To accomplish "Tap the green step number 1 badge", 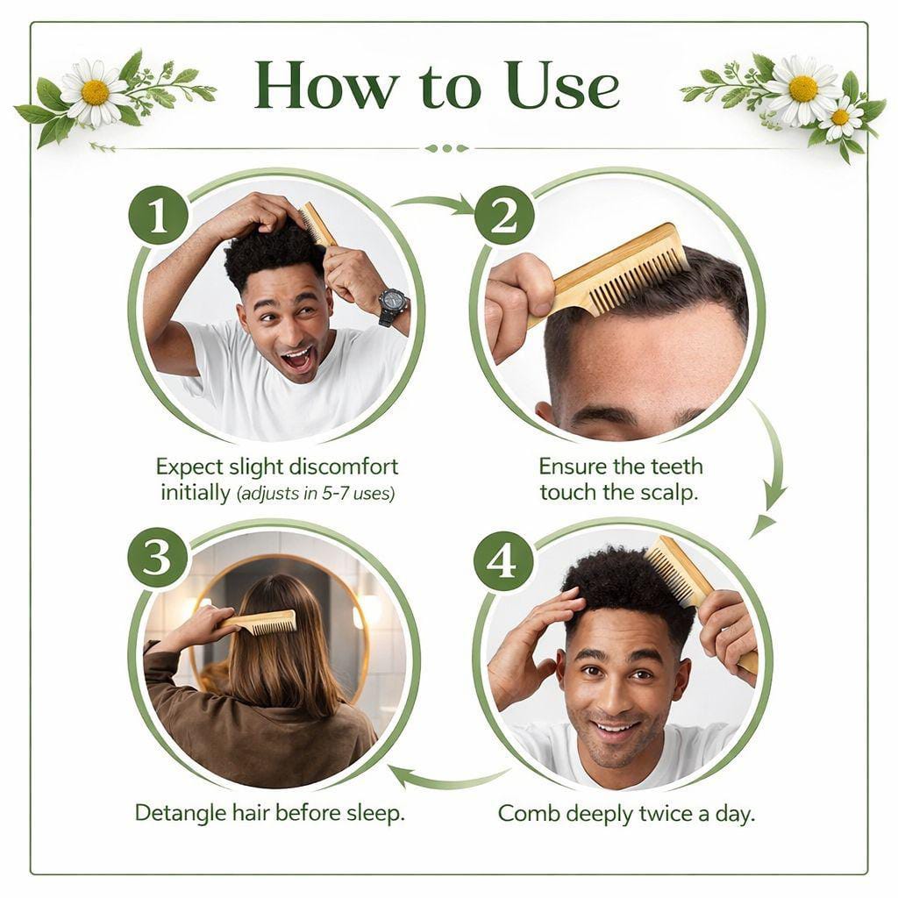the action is click(159, 217).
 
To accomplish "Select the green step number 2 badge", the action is click(504, 217).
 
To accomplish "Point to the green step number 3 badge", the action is click(157, 557).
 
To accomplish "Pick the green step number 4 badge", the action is click(503, 562).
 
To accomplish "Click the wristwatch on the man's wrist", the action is click(392, 306).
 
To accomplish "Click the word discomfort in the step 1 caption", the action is click(343, 467).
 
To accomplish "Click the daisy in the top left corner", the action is click(95, 91).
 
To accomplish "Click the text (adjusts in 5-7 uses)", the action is click(316, 494).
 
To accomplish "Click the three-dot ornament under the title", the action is click(446, 148).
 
